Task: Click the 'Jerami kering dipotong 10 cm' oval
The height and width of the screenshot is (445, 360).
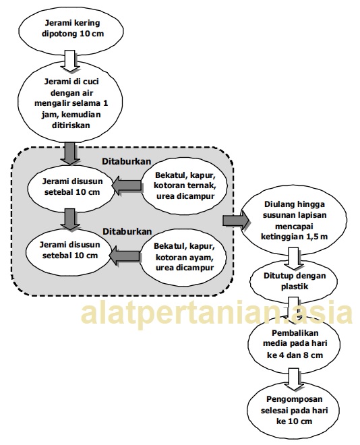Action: (71, 28)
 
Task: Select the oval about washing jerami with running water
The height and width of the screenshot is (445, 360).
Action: (70, 103)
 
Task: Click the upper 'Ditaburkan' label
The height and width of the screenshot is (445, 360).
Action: (126, 161)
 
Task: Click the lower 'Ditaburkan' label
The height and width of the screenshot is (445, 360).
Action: (127, 231)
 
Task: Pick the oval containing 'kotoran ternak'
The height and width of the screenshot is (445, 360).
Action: (185, 185)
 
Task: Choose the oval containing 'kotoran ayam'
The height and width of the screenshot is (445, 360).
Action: (183, 257)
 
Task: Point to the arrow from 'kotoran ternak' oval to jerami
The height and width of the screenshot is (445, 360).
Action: (127, 185)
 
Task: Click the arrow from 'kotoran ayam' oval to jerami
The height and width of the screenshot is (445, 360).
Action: (124, 256)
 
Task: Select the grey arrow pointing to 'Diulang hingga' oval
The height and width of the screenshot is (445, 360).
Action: (236, 220)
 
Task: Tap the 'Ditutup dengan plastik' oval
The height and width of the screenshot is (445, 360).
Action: (294, 281)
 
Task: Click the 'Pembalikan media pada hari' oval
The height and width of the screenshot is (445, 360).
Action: (294, 344)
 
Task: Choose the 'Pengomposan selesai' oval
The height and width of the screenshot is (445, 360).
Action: (293, 411)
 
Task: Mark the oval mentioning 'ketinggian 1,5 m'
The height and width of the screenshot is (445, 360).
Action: (293, 220)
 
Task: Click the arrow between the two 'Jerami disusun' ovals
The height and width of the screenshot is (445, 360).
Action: (70, 219)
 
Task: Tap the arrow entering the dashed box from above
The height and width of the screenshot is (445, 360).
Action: (70, 153)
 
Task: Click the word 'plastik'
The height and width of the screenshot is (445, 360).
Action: (295, 287)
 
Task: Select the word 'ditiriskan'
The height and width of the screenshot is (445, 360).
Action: (71, 125)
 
